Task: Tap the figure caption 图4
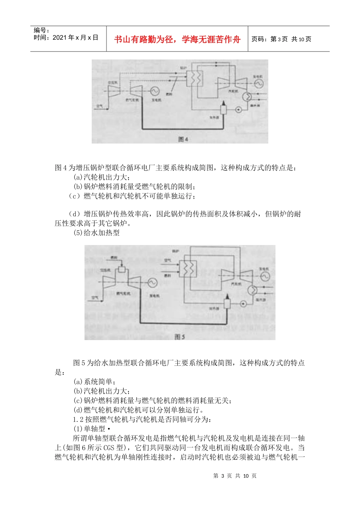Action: [183, 139]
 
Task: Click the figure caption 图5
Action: [180, 337]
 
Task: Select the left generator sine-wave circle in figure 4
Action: [154, 91]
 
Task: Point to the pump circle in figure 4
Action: [239, 110]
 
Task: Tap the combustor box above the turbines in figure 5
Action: [122, 269]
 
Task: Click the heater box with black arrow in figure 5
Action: [227, 303]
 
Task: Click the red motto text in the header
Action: [177, 39]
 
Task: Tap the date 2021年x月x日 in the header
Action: [66, 37]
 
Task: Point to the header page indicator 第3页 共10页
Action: [282, 39]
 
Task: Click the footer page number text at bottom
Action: [235, 476]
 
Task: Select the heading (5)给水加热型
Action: [97, 233]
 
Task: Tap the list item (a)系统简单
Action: [95, 381]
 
